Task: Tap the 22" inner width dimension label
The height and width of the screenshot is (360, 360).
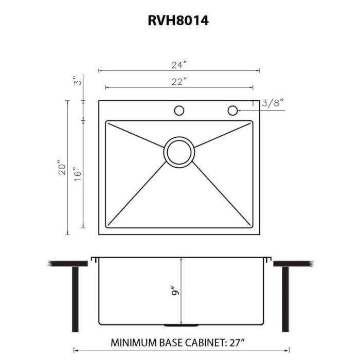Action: (179, 81)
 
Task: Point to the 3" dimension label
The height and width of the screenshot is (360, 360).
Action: (77, 81)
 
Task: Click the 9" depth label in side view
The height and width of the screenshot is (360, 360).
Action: (175, 291)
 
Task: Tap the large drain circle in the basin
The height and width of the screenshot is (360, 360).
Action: (179, 151)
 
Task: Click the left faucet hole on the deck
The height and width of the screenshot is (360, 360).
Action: (179, 110)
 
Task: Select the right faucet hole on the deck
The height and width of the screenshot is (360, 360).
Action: (232, 110)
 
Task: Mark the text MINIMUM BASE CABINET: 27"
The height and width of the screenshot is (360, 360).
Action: (179, 342)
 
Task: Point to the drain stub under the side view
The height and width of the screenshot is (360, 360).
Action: (179, 326)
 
